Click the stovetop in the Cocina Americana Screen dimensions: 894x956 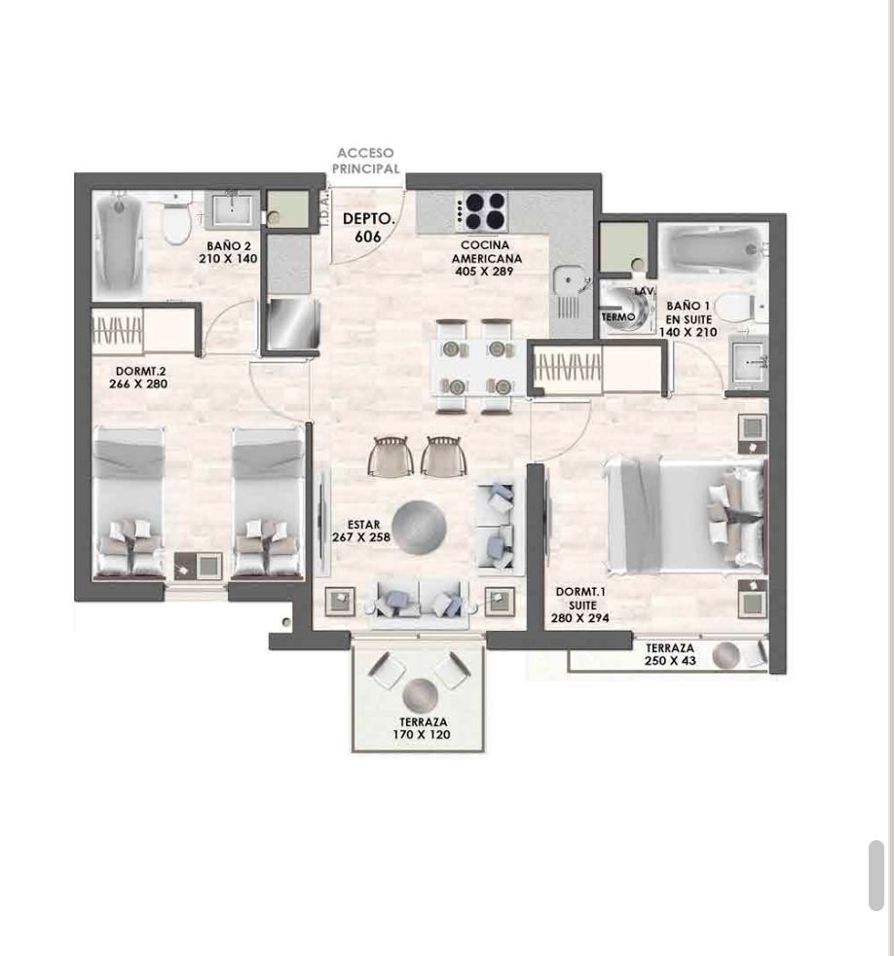point(481,211)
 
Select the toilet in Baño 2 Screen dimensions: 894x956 point(176,220)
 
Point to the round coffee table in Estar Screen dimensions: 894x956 point(419,527)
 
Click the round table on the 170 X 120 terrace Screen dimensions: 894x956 point(420,695)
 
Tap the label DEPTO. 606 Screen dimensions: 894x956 point(368,228)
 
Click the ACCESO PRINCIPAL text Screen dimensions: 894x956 point(366,161)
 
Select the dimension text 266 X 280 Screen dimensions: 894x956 point(138,385)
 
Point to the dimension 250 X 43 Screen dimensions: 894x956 point(670,661)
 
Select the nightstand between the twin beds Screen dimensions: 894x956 point(198,566)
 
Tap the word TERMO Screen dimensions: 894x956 point(618,317)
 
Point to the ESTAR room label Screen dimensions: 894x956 point(363,525)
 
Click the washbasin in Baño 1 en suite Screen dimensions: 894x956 point(748,361)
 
